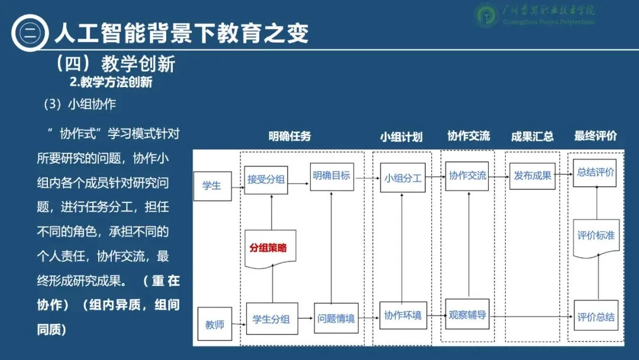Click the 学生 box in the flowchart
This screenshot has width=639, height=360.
point(212,185)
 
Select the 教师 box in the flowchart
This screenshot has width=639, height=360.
point(214,324)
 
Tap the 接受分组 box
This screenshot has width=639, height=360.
point(266,179)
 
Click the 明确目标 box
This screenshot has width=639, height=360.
point(332,175)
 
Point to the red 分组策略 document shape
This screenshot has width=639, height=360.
point(270,248)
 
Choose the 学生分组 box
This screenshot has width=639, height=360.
point(272,319)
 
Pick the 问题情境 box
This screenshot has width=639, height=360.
point(335,319)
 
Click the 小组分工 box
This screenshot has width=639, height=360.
point(402,178)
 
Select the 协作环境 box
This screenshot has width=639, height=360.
point(402,316)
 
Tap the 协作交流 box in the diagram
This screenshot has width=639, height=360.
point(467,175)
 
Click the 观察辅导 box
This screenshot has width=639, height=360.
point(467,315)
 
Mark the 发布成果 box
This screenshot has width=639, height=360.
point(532,175)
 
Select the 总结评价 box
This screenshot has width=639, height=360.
point(595,173)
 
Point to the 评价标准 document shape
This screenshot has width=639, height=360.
point(595,236)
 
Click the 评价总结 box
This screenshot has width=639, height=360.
point(595,317)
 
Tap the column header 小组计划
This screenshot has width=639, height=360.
point(401,137)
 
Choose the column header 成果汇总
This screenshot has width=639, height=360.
point(532,137)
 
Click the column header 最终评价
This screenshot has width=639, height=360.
point(595,136)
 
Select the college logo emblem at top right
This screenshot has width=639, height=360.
point(488,16)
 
